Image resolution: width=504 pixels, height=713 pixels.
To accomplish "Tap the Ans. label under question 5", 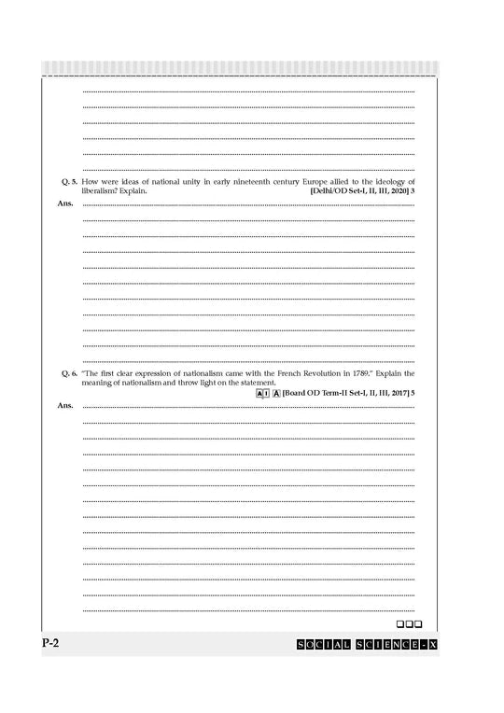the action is [64, 202].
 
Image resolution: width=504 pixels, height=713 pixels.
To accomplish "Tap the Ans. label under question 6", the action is [64, 405].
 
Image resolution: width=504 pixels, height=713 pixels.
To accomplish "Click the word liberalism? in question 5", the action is [101, 190].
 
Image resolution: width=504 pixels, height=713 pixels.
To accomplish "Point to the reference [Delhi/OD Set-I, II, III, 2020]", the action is [358, 190].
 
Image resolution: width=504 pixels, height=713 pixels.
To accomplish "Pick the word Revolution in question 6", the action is [316, 372].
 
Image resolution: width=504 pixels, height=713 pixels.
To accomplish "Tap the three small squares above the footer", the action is [410, 622].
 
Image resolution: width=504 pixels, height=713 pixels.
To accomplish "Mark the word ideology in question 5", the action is [386, 180].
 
